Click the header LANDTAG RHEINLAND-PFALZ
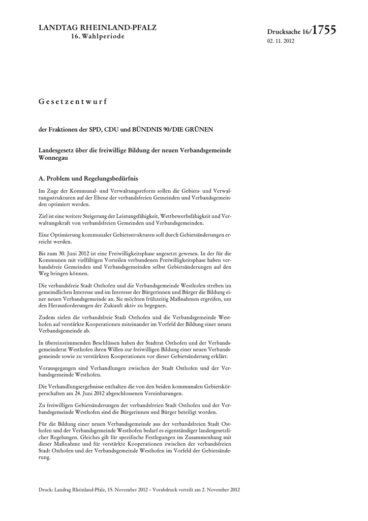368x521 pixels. tap(98, 27)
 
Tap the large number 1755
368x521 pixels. tap(324, 31)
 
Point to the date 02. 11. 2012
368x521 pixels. tap(281, 41)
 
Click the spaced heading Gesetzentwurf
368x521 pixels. tap(73, 102)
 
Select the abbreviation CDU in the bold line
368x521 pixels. tap(112, 130)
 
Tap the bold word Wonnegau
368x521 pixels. tap(53, 158)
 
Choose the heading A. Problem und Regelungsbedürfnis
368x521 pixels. tap(88, 179)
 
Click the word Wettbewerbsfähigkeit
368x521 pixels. tap(173, 216)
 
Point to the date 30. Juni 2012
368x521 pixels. tap(70, 253)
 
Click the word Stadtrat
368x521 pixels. tap(150, 343)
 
